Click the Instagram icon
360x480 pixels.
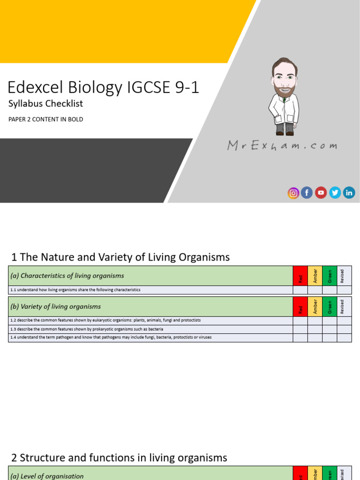(293, 193)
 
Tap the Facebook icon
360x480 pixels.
(307, 193)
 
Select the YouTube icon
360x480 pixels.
(321, 193)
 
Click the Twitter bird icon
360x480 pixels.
(335, 193)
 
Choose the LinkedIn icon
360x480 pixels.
(349, 193)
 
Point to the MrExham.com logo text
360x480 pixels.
(282, 146)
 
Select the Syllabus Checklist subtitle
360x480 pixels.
(45, 104)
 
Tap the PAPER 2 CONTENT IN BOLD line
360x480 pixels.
(45, 120)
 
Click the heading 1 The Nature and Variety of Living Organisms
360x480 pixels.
(120, 257)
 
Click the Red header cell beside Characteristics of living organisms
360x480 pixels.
(300, 276)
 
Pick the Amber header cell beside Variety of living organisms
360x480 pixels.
(315, 307)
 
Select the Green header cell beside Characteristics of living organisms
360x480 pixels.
(330, 276)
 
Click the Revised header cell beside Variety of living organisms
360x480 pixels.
(344, 307)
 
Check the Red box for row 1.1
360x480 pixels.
(300, 290)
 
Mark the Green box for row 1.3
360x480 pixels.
(330, 329)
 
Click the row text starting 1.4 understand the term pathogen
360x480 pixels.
(111, 337)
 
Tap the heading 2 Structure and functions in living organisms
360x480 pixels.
(119, 458)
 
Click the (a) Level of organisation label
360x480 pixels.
(47, 476)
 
